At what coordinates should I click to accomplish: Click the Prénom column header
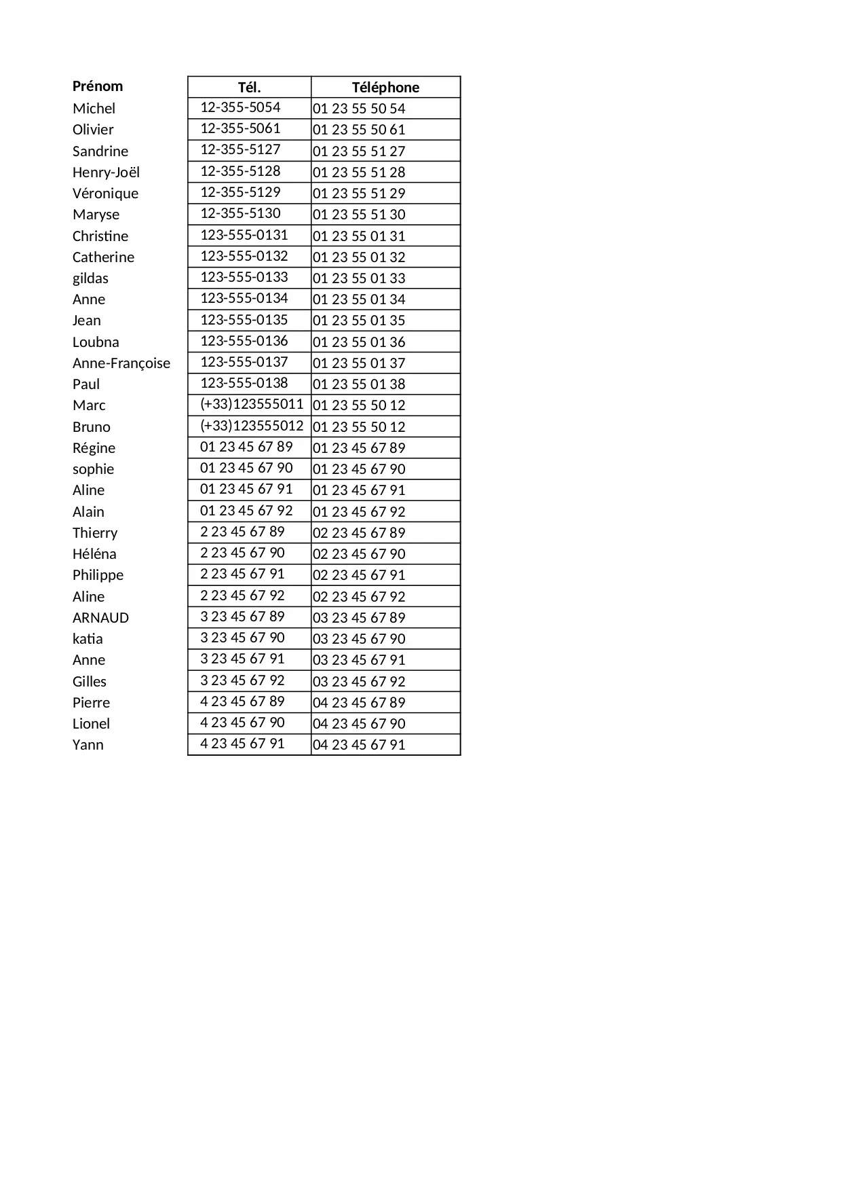pos(98,86)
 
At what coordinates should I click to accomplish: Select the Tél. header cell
pos(249,87)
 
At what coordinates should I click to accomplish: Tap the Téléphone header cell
pos(385,87)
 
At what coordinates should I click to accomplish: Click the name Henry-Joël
pos(106,172)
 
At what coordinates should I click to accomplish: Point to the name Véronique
pos(105,194)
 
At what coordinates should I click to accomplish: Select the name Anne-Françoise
pos(121,363)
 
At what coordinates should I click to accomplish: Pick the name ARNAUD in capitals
pos(100,618)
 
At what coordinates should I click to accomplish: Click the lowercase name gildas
pos(90,278)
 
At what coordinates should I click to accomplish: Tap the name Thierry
pos(95,533)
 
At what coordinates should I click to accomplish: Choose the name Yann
pos(88,745)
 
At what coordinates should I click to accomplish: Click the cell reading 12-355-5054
pos(240,107)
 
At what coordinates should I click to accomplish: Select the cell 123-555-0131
pos(244,235)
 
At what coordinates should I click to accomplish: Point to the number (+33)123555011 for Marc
pos(252,405)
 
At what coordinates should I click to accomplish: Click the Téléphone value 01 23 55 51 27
pos(359,151)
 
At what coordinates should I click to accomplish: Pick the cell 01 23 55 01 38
pos(359,384)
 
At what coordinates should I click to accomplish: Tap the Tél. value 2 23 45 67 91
pos(242,574)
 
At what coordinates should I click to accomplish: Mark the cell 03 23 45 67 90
pos(359,639)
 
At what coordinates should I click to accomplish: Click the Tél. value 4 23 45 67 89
pos(242,701)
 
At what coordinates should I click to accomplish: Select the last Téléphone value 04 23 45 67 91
pos(359,745)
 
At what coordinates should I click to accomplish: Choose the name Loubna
pos(96,342)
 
